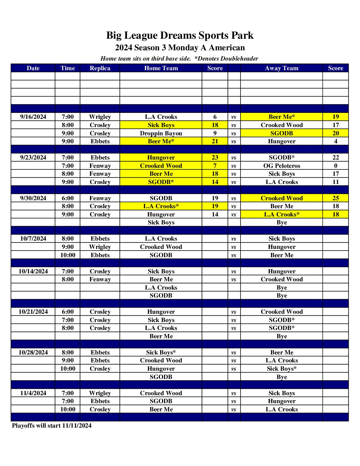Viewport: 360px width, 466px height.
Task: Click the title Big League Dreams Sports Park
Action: (180, 35)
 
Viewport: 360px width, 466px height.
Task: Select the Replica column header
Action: (100, 68)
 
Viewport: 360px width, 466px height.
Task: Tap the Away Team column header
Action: (282, 68)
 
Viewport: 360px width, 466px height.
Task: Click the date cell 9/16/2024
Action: (33, 117)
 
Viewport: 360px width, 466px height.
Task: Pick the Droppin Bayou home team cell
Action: (161, 133)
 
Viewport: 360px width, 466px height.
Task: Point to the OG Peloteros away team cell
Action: (282, 166)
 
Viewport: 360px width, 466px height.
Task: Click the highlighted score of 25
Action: (336, 198)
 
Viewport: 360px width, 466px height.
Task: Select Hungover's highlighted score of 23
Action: (215, 158)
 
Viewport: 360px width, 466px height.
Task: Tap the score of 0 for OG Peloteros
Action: (336, 166)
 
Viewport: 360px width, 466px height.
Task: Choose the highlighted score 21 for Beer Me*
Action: (215, 141)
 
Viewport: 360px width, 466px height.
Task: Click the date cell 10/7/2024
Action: (33, 239)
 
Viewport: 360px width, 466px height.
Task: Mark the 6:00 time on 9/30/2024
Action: (67, 198)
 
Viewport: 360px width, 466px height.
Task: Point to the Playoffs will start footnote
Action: (52, 426)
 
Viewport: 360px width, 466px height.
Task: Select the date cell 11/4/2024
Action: (33, 393)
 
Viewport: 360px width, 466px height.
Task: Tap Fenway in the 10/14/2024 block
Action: (100, 279)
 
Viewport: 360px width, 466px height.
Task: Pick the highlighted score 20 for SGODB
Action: (336, 133)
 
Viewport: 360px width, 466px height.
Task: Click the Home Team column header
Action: (161, 68)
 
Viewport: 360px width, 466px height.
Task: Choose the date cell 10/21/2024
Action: (33, 312)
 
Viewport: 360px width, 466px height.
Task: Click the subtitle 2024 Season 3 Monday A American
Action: (180, 48)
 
